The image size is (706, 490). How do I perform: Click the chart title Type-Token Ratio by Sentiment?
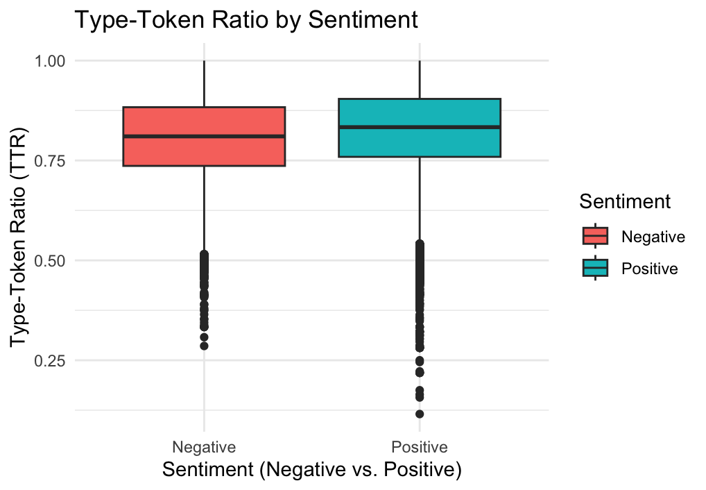coord(246,19)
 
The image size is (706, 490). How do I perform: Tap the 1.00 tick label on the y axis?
coord(50,61)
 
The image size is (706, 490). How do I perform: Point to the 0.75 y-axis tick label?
coord(50,160)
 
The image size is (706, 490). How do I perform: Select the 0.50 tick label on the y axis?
coord(50,260)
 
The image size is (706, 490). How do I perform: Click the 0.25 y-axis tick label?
coord(50,360)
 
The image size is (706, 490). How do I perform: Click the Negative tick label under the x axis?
coord(204,446)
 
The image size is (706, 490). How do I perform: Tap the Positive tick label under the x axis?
coord(420,446)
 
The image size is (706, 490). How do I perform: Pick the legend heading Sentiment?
coord(625,201)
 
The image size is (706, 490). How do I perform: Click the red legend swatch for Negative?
coord(595,236)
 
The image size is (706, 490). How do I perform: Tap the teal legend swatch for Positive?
coord(595,268)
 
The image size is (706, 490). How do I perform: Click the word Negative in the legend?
coord(653,237)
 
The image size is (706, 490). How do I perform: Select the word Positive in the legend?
coord(650,269)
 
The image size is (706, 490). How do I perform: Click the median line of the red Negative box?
coord(204,136)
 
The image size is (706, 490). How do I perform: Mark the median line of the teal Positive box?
coord(420,127)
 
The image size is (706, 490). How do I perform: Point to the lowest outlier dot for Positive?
coord(420,414)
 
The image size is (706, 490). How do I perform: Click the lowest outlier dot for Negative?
coord(204,346)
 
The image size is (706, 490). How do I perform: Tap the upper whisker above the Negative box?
coord(204,83)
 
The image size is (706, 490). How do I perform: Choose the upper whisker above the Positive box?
coord(420,79)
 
